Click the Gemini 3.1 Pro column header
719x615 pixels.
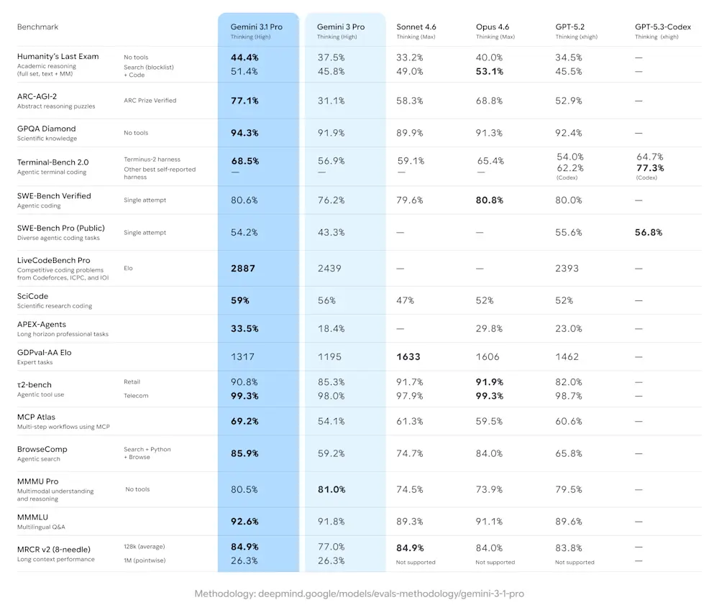256,27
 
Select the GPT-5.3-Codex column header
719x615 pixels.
662,27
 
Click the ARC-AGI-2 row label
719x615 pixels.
36,96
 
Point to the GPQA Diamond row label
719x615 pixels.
47,129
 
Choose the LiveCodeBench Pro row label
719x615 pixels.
54,260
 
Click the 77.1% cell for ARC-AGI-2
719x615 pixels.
244,101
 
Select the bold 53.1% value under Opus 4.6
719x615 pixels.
489,71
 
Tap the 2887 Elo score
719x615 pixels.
244,268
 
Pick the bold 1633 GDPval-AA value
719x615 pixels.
408,356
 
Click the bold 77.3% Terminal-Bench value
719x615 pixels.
650,167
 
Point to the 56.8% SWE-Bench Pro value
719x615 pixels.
649,232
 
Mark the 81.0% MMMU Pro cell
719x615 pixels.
331,489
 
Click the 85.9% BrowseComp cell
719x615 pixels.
244,453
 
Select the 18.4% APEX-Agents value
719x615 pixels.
331,328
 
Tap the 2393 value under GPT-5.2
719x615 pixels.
568,268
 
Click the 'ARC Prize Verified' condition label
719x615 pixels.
150,101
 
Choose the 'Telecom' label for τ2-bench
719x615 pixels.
136,395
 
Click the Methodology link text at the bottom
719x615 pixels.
359,594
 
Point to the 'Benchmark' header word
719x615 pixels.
37,27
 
